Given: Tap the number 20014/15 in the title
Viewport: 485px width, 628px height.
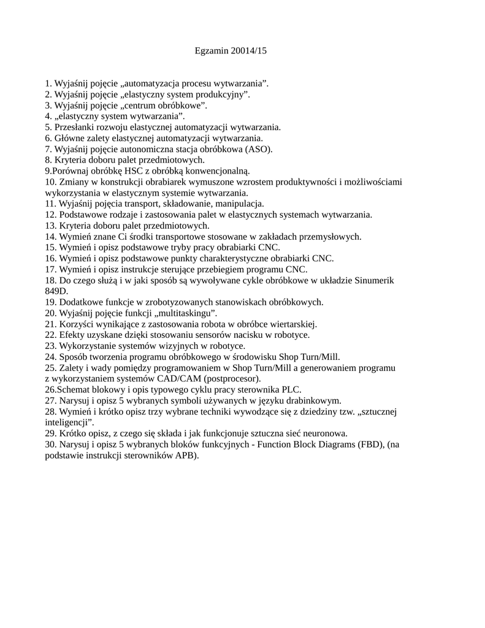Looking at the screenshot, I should [250, 52].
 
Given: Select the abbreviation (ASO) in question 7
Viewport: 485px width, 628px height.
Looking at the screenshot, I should [258, 149].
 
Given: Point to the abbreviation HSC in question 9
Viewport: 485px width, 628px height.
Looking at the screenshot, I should [134, 170].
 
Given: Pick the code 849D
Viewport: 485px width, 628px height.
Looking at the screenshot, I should [56, 291].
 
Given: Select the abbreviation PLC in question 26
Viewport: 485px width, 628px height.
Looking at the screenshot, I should [291, 389].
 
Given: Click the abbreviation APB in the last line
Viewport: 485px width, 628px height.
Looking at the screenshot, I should [186, 456].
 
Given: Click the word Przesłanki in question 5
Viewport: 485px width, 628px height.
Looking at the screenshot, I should [75, 127].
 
